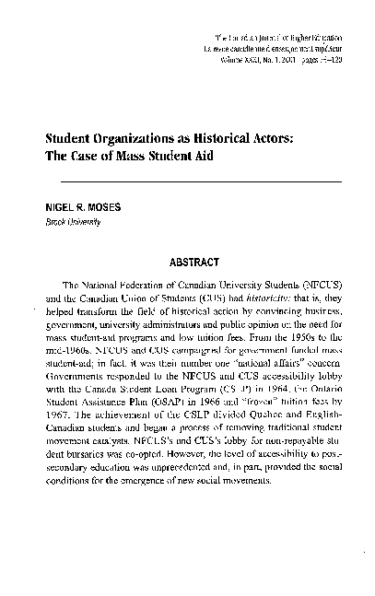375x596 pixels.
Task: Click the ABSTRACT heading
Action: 198,260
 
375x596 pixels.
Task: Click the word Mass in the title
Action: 134,155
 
